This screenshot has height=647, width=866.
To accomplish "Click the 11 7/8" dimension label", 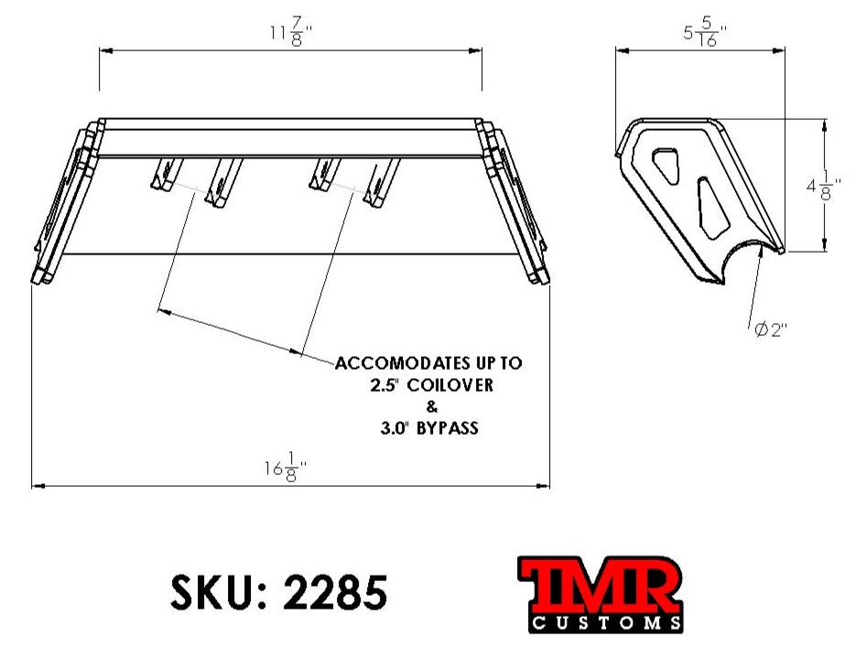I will (292, 33).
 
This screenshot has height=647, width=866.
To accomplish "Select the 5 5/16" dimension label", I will (706, 34).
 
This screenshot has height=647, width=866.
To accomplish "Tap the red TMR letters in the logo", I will (600, 586).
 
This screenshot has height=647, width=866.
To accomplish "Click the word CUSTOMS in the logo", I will (605, 623).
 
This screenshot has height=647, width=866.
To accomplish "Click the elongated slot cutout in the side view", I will (712, 203).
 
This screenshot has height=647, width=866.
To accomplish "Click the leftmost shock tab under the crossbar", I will (166, 174).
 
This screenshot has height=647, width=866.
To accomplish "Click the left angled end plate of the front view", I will (63, 206).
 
